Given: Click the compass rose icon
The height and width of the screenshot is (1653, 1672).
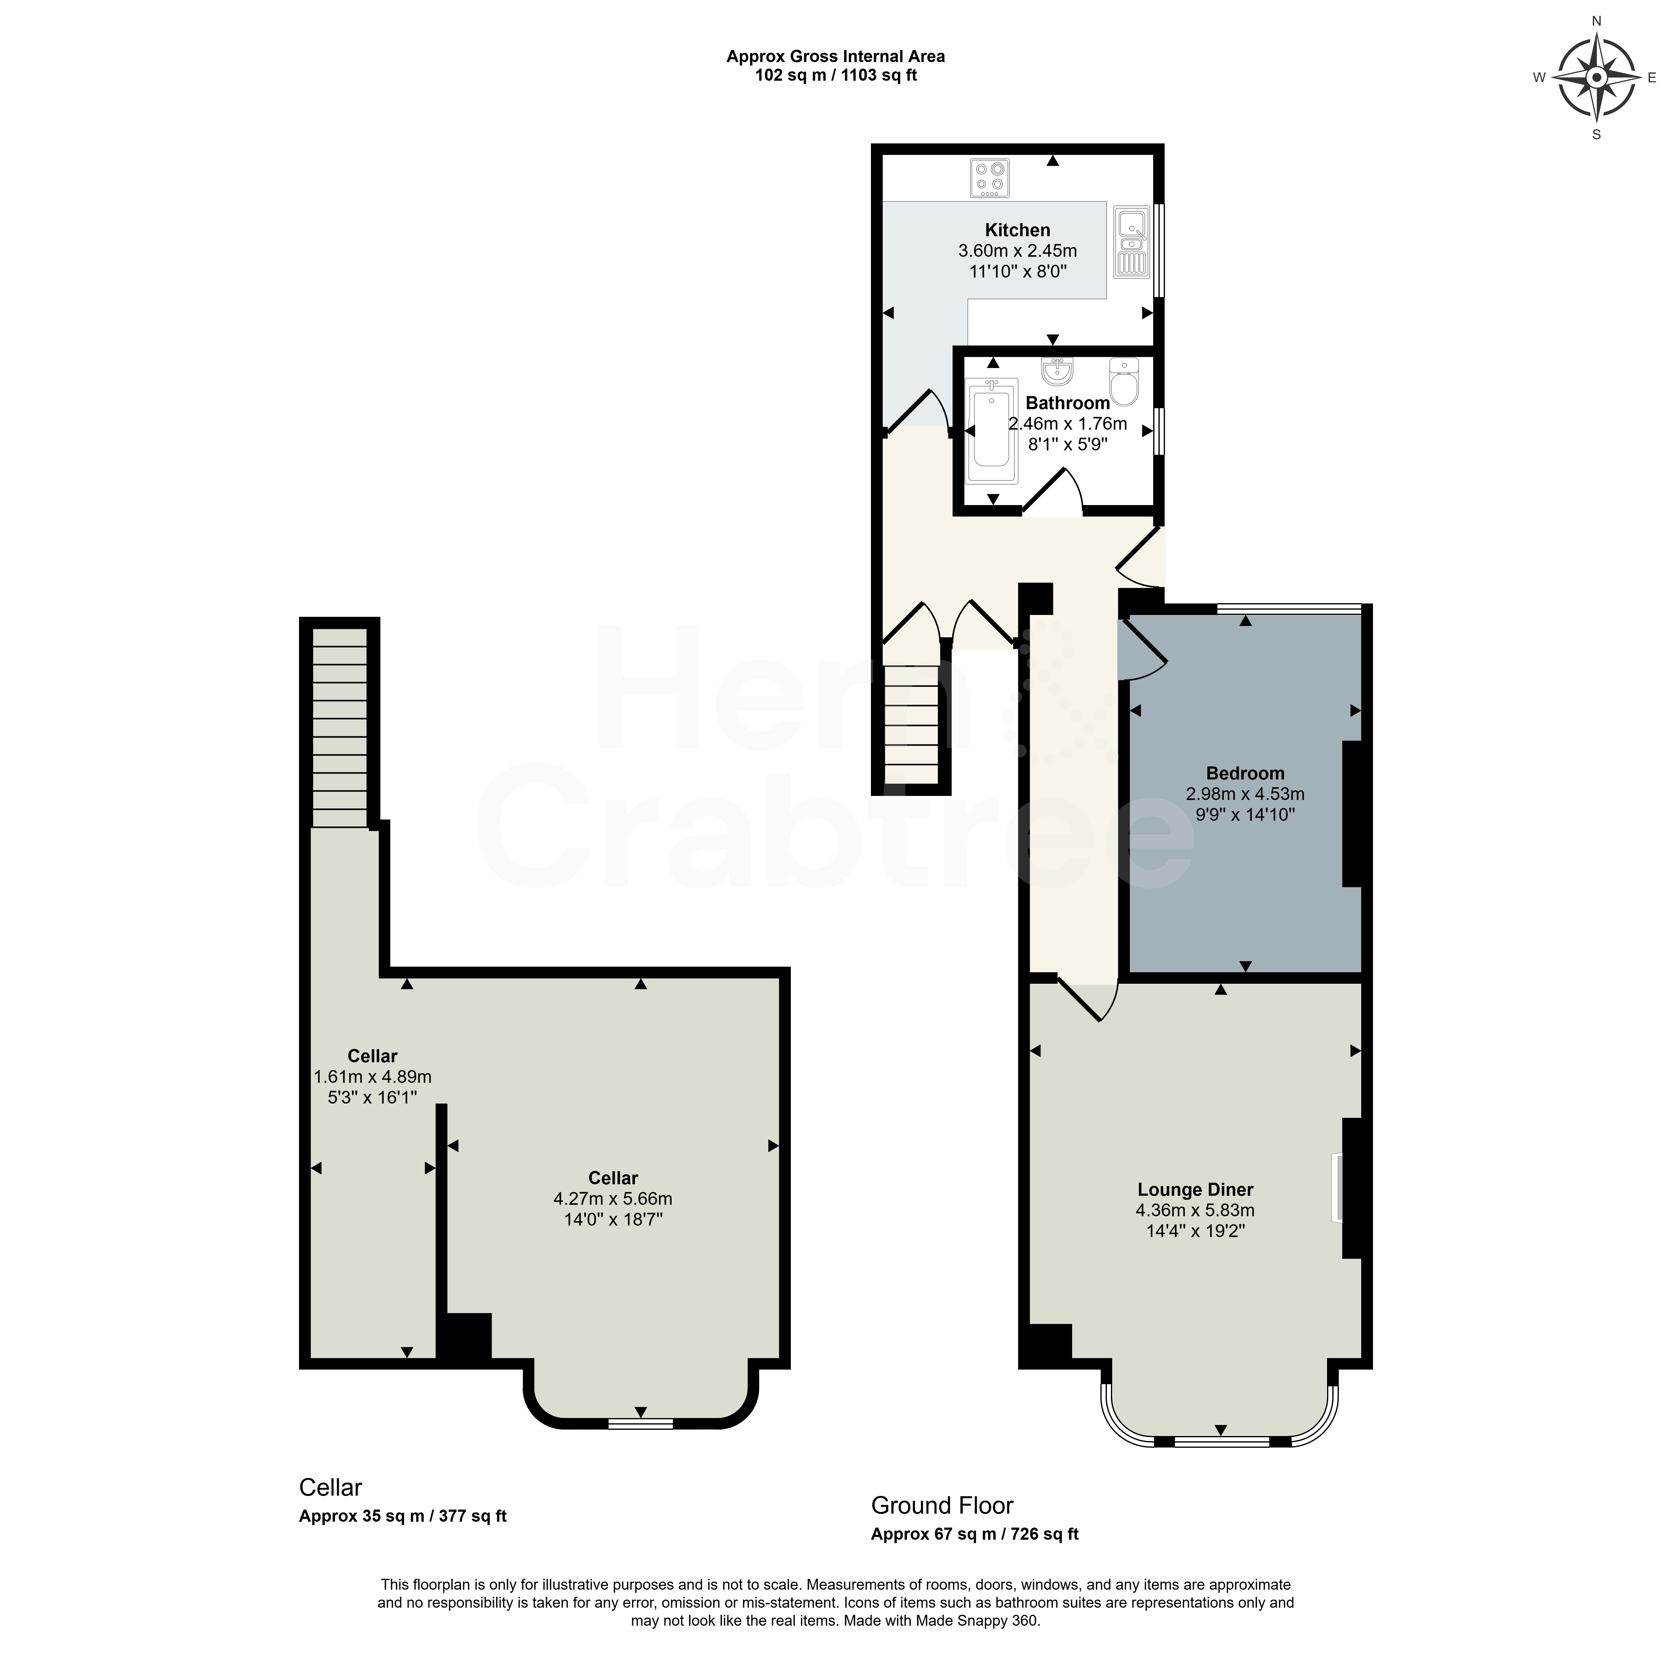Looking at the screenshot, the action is [1597, 78].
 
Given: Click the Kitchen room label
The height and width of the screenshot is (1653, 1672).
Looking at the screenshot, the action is [1018, 230].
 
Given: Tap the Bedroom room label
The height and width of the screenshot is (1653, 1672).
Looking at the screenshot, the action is [1245, 773].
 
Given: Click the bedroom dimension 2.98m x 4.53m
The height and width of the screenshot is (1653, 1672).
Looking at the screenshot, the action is [1245, 794].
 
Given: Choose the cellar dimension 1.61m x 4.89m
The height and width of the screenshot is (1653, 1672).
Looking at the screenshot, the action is [372, 1077].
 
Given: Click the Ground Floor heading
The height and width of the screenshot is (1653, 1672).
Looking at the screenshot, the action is [942, 1505].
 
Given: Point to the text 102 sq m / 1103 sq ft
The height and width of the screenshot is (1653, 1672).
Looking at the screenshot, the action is [836, 75].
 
